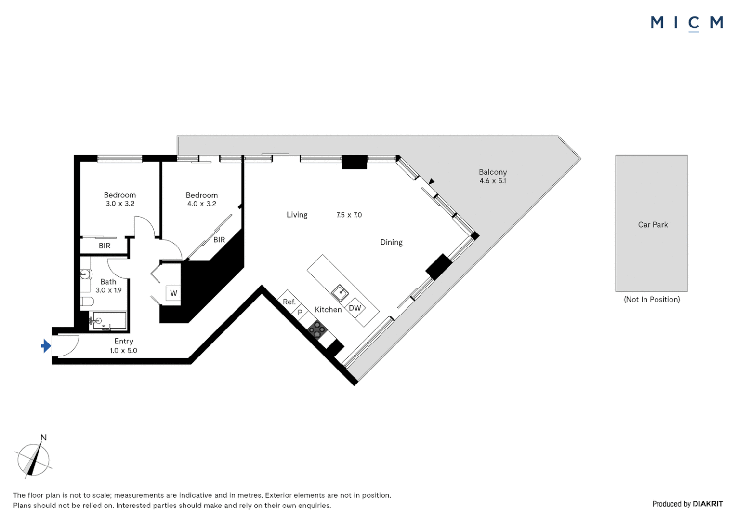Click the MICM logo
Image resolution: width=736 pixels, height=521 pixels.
click(x=686, y=23)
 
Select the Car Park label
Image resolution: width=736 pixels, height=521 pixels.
click(x=653, y=225)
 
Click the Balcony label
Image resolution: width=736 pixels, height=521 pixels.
click(x=492, y=172)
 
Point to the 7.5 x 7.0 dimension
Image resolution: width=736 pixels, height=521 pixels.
click(x=349, y=215)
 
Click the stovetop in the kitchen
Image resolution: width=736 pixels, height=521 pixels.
click(x=317, y=330)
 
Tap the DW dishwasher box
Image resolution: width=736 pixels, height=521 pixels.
click(x=355, y=308)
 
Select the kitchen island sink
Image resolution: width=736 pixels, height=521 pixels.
click(x=340, y=292)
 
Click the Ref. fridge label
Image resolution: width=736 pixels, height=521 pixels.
click(x=289, y=302)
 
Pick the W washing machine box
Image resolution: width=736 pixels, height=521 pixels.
click(x=173, y=293)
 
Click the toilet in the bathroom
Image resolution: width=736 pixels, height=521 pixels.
click(x=87, y=302)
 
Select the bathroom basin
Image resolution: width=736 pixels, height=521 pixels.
click(x=85, y=274)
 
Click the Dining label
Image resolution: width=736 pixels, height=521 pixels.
click(x=391, y=243)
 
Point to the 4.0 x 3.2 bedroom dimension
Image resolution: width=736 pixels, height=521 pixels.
click(x=201, y=204)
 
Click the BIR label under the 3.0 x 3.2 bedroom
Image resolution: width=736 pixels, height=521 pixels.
click(x=105, y=246)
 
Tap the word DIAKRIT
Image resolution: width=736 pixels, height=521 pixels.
click(x=708, y=504)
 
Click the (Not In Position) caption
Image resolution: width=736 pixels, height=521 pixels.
click(x=652, y=300)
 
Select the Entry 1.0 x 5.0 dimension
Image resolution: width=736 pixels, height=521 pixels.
click(x=123, y=351)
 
